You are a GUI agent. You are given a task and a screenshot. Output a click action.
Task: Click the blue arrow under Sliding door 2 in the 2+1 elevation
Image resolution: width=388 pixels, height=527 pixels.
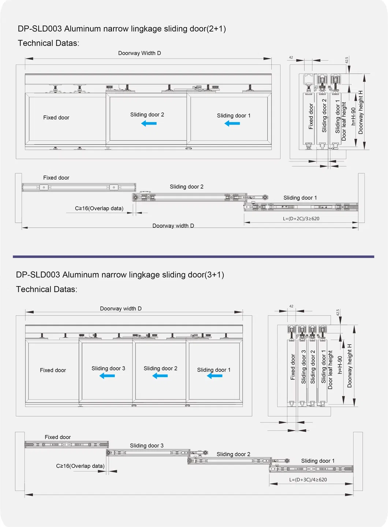tap(149, 123)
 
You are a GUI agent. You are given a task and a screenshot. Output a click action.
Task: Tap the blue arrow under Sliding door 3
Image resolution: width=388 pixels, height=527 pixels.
tap(107, 376)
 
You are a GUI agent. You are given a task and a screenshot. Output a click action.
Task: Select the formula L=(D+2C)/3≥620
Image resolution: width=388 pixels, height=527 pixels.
tap(301, 218)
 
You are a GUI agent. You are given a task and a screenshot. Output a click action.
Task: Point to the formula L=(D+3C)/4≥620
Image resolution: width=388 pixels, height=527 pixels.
tap(308, 480)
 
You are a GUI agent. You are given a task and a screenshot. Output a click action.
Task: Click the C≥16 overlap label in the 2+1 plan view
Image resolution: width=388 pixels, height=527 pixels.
tap(99, 209)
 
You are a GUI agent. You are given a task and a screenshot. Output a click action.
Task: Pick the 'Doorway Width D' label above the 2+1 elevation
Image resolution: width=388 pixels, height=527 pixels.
tap(139, 53)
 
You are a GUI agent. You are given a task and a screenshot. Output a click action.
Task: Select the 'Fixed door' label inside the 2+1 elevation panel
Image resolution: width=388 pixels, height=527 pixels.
tap(56, 118)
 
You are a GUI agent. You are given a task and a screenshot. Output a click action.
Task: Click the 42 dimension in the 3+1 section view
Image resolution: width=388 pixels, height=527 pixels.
tap(291, 306)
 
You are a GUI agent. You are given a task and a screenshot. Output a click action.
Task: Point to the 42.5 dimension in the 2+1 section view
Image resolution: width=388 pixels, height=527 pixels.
tap(347, 60)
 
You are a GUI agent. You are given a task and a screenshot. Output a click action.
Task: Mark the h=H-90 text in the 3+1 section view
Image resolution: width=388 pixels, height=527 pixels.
tap(340, 365)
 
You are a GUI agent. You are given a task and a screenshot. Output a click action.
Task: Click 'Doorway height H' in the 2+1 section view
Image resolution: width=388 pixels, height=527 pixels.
tap(361, 113)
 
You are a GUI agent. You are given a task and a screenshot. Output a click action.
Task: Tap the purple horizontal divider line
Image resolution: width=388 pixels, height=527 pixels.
tap(193, 257)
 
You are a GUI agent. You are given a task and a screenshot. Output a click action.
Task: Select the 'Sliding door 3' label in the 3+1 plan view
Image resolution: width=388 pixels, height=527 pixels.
tap(147, 446)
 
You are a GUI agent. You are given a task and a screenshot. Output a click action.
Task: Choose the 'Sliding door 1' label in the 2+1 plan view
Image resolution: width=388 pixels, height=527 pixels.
tap(300, 198)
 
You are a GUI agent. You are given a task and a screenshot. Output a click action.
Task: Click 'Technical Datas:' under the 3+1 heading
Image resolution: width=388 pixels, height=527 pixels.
tap(46, 290)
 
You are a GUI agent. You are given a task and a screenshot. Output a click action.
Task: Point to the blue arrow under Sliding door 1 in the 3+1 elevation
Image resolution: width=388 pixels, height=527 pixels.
tap(214, 376)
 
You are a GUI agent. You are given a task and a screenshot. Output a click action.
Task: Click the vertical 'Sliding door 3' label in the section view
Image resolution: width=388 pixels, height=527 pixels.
tap(303, 367)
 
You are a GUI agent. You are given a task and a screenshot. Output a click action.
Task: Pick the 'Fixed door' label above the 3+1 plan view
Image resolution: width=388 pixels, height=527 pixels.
tap(57, 437)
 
